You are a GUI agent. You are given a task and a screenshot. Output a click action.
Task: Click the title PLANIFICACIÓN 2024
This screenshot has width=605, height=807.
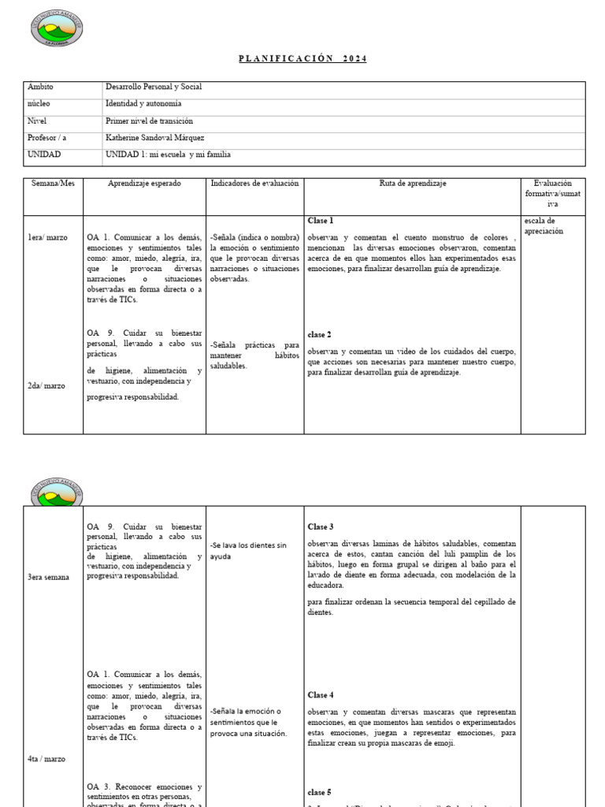(302, 59)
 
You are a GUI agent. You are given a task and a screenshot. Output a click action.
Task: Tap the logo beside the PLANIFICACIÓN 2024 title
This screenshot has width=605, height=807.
(56, 28)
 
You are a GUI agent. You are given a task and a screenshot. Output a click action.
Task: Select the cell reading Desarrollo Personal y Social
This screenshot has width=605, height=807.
(154, 87)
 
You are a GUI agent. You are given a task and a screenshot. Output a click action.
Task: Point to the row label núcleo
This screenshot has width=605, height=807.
(39, 103)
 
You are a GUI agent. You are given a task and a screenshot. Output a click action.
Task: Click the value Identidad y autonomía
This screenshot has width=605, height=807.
(143, 103)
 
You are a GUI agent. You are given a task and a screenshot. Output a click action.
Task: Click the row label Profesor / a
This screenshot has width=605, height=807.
(47, 138)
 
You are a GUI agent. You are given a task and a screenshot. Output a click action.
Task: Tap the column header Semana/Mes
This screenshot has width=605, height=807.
(53, 183)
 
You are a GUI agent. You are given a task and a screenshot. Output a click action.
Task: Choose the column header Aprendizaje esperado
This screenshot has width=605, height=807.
(144, 183)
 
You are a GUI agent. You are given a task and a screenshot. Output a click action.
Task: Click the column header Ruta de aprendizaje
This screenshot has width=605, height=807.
(412, 183)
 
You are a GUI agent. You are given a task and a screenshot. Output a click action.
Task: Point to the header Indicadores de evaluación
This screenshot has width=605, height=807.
(254, 183)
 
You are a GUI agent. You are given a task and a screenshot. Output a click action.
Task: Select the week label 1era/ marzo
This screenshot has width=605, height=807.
(48, 237)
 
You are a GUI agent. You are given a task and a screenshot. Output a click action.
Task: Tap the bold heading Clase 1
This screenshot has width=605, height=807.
(320, 221)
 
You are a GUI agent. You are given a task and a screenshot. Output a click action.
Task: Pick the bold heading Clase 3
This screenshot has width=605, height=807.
(321, 526)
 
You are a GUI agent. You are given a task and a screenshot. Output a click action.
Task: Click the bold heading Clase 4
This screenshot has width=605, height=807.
(321, 695)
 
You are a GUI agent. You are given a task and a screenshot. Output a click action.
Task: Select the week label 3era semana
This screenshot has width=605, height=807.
(49, 577)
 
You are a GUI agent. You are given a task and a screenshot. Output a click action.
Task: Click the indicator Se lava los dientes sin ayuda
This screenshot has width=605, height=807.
(249, 551)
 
